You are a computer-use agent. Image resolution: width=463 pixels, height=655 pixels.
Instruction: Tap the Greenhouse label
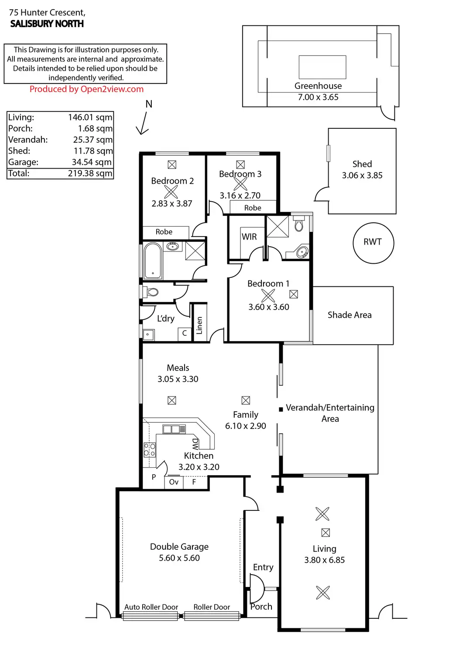tap(318, 86)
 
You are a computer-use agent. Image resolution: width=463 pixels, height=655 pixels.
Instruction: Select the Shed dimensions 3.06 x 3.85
tap(362, 175)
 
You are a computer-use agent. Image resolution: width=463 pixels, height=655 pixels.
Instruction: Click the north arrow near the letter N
tap(142, 125)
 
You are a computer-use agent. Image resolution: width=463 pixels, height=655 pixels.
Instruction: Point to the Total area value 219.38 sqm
tap(90, 173)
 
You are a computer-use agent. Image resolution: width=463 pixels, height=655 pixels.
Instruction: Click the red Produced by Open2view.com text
tap(86, 89)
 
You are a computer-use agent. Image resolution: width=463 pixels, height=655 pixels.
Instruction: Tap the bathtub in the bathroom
tap(153, 261)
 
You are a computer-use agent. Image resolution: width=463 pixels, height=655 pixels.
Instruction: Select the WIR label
tap(249, 237)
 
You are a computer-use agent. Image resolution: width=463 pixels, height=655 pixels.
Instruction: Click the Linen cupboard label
tap(199, 325)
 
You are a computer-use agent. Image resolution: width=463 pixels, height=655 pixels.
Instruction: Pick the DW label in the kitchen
tap(195, 444)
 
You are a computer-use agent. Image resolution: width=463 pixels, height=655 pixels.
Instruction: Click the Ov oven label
tap(174, 482)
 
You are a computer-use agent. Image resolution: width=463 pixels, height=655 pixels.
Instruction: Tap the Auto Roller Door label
tap(151, 607)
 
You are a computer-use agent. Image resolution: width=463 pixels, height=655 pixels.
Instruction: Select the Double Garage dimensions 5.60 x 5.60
tap(179, 558)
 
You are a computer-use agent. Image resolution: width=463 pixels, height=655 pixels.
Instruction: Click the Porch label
tap(261, 607)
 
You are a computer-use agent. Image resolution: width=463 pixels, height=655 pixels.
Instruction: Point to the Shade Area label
tap(350, 315)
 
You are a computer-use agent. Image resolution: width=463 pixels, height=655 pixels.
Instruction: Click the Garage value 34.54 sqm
tap(92, 162)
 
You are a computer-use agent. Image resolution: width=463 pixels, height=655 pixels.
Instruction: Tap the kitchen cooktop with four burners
tap(150, 449)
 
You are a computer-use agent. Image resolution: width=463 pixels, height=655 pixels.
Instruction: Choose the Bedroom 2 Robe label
tap(164, 232)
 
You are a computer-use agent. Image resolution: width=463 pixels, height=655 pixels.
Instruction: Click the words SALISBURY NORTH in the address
tap(47, 24)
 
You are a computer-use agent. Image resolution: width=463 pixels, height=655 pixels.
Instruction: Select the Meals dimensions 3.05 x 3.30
tap(178, 379)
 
